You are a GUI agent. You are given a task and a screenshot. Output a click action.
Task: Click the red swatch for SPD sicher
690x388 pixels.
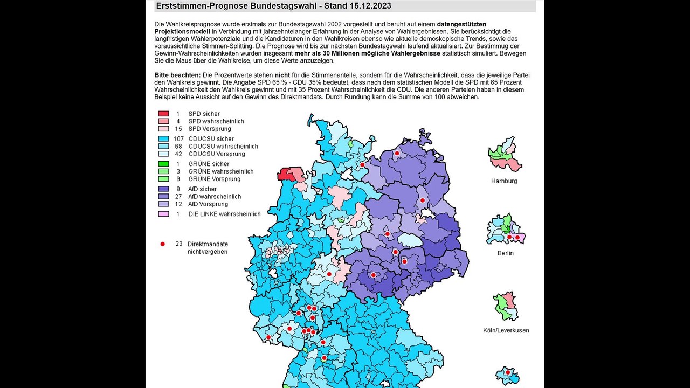163,114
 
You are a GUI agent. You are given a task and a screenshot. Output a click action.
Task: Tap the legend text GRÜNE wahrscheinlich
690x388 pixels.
220,171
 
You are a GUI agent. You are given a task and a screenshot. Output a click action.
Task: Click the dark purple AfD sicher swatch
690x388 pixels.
163,189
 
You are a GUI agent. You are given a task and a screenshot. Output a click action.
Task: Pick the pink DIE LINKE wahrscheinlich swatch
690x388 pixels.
163,214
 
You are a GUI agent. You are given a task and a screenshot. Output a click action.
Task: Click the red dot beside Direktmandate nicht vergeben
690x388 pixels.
162,244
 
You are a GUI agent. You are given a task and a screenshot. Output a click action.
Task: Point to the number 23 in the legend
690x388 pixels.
179,244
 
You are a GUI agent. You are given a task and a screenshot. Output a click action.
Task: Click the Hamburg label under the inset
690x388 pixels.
503,181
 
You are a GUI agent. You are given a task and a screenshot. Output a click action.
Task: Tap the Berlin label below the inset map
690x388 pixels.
506,253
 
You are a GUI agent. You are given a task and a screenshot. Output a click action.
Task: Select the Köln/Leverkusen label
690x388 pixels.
506,330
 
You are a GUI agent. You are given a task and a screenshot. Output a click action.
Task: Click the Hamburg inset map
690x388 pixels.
505,154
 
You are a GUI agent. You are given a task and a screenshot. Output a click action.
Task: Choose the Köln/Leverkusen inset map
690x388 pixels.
506,306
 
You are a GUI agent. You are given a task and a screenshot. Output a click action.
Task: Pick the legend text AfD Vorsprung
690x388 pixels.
208,204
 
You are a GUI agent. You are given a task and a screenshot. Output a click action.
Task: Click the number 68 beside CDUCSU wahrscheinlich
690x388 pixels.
178,147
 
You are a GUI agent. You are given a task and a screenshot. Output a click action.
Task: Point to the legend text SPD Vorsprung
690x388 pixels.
209,129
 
